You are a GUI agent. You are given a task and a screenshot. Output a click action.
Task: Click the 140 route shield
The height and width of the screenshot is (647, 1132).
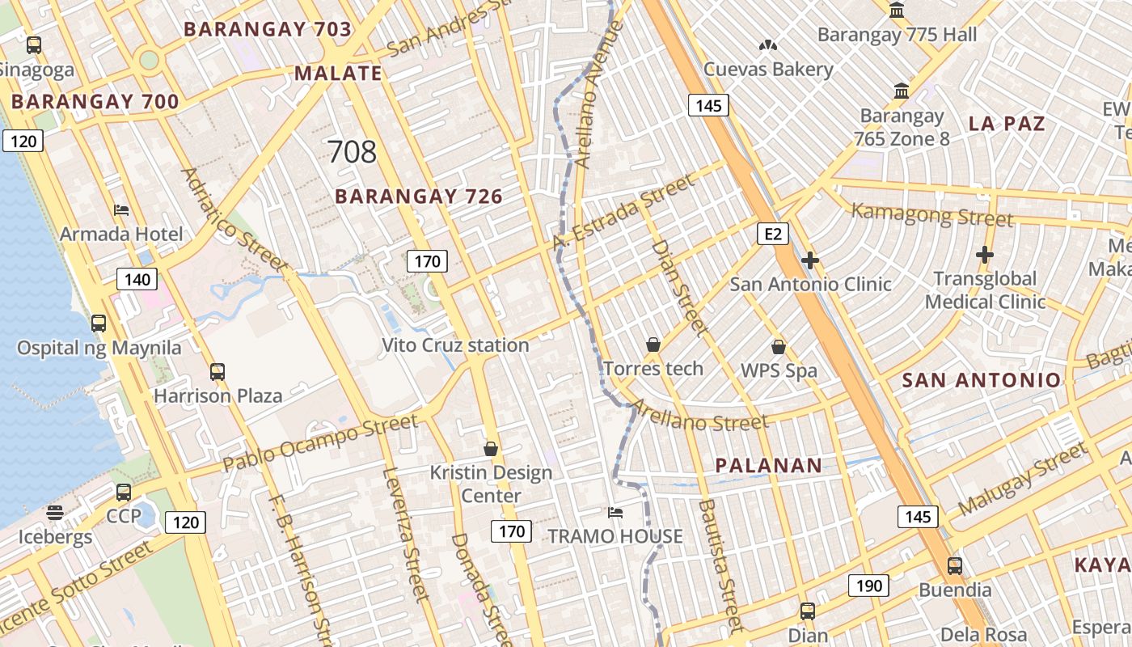[137, 280]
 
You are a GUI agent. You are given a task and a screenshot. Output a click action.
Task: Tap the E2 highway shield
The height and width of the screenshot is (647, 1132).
[773, 234]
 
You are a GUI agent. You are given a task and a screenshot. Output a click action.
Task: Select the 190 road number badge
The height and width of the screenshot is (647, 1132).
[868, 586]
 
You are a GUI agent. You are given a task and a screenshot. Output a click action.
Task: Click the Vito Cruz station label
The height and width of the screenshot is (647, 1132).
[455, 345]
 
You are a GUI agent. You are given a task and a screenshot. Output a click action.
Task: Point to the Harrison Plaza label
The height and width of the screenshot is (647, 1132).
[218, 395]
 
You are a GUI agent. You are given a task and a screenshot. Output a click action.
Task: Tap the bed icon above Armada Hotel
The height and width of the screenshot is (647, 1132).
[121, 210]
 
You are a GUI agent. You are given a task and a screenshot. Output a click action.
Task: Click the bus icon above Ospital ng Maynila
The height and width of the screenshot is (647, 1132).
[99, 323]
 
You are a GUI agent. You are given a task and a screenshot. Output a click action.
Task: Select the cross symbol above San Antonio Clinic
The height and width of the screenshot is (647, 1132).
[809, 260]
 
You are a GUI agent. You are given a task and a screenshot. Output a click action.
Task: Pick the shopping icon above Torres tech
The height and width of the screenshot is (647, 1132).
[653, 345]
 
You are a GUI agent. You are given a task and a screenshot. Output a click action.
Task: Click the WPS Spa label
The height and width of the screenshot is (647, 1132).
[779, 371]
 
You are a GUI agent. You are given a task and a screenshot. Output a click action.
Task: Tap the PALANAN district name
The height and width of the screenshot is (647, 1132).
[769, 466]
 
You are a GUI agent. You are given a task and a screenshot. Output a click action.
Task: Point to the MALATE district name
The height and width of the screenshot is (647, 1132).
[338, 74]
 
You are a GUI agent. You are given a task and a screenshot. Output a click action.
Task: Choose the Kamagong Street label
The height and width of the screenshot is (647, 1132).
[932, 215]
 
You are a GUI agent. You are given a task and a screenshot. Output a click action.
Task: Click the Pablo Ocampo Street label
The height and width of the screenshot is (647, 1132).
[320, 442]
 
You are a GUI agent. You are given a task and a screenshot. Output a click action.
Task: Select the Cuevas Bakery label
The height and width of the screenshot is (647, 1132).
[768, 69]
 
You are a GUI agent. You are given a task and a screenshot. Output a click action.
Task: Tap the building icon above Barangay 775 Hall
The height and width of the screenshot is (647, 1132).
[897, 11]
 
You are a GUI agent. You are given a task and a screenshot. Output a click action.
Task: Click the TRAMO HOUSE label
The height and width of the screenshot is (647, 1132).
[615, 536]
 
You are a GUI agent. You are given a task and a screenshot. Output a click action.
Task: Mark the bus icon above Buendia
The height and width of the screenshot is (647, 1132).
[955, 566]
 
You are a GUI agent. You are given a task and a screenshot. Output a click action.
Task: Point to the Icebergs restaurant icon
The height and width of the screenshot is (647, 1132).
[55, 513]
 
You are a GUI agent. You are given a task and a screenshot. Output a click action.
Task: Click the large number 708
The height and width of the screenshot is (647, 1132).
[352, 151]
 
